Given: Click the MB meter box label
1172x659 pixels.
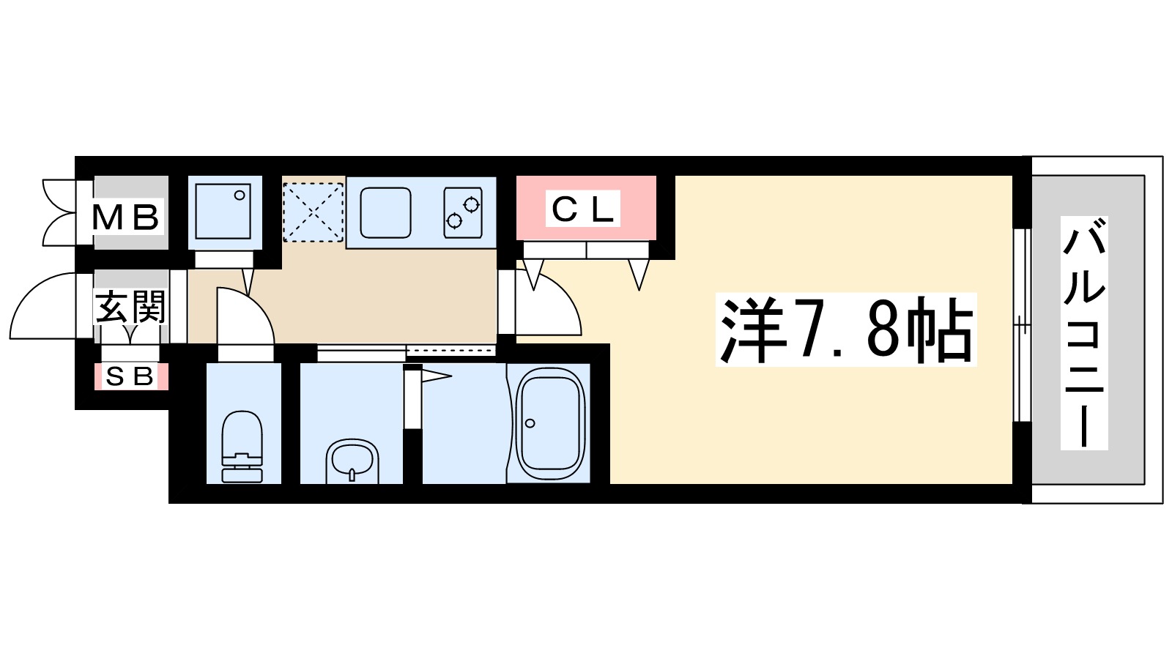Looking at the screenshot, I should [125, 217].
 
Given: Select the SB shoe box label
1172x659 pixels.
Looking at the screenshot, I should [130, 376].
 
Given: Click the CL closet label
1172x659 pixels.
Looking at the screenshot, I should [583, 209].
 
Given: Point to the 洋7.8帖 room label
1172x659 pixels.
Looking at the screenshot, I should [846, 330].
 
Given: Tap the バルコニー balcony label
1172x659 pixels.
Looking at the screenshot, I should [1084, 333].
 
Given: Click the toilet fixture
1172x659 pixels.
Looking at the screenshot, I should [242, 446].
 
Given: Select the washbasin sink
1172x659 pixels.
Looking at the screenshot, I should [352, 461].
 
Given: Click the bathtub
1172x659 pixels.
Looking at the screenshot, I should [550, 423].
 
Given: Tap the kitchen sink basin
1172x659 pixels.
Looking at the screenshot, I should [385, 212].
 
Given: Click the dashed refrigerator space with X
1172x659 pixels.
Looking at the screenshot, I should [313, 212].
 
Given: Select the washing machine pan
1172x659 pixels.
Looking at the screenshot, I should [224, 212].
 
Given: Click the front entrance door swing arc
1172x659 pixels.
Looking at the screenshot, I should [44, 308].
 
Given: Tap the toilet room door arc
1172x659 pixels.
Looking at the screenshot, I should [245, 315].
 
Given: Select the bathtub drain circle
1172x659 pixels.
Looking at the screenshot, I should [530, 423].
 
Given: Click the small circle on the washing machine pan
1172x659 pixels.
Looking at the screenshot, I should [239, 196].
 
